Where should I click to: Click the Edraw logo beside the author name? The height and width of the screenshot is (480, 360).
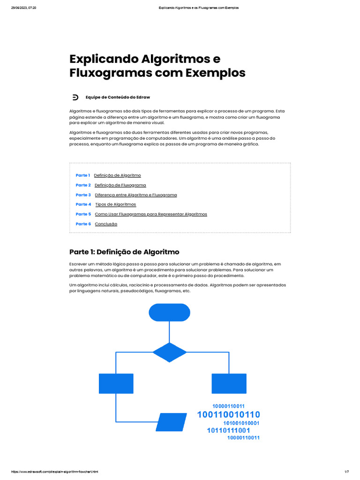[x=75, y=97]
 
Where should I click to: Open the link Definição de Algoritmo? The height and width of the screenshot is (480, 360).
[x=117, y=175]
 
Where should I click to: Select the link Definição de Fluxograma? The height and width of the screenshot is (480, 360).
[x=120, y=185]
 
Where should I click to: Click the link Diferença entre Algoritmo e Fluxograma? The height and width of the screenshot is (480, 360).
[x=136, y=195]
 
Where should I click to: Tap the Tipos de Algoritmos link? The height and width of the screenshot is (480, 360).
[x=115, y=204]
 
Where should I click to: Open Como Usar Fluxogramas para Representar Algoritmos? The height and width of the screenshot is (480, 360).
[x=151, y=214]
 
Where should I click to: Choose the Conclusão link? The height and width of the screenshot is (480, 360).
[x=106, y=224]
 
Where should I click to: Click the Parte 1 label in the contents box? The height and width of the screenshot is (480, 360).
[x=82, y=175]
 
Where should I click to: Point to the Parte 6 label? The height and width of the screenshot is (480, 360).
[x=83, y=224]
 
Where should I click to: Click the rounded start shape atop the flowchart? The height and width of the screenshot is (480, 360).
[x=169, y=313]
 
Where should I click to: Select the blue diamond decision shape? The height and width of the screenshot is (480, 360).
[x=169, y=352]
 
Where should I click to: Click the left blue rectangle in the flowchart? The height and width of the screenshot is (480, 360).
[x=116, y=383]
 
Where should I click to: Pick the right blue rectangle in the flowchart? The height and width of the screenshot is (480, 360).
[x=229, y=383]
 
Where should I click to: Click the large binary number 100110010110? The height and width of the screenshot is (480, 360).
[x=228, y=415]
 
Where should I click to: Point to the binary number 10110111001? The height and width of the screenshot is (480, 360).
[x=228, y=430]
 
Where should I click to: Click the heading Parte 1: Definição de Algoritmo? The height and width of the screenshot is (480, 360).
[x=124, y=252]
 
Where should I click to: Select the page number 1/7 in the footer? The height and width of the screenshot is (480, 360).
[x=347, y=472]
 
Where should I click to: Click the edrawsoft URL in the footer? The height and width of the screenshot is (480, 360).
[x=54, y=472]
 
